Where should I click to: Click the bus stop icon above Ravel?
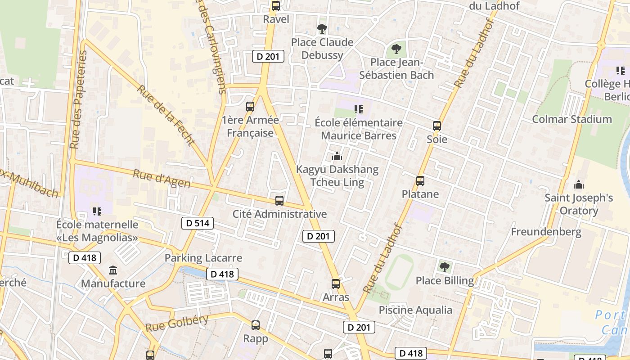[x=276, y=6]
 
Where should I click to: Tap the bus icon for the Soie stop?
[x=437, y=126]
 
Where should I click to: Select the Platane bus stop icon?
[x=420, y=181]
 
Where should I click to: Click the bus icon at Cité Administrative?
[x=279, y=201]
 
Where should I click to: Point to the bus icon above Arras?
[x=336, y=284]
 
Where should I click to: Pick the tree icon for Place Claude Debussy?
[x=322, y=29]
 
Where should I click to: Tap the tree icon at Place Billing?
[x=445, y=267]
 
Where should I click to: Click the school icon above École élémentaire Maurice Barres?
[x=359, y=109]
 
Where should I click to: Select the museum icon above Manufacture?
[x=113, y=270]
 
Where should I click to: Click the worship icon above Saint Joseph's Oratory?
[x=579, y=184]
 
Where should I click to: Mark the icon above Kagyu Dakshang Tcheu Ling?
[x=337, y=157]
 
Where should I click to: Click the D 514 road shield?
[x=198, y=223]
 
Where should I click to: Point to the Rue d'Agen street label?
[x=162, y=179]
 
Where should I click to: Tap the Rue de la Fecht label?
[x=166, y=115]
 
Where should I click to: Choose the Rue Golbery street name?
[x=177, y=323]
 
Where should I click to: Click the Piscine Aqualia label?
[x=415, y=310]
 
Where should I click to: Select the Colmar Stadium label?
[x=572, y=119]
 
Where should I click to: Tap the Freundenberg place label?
[x=546, y=232]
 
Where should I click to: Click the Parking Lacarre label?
[x=203, y=258]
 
